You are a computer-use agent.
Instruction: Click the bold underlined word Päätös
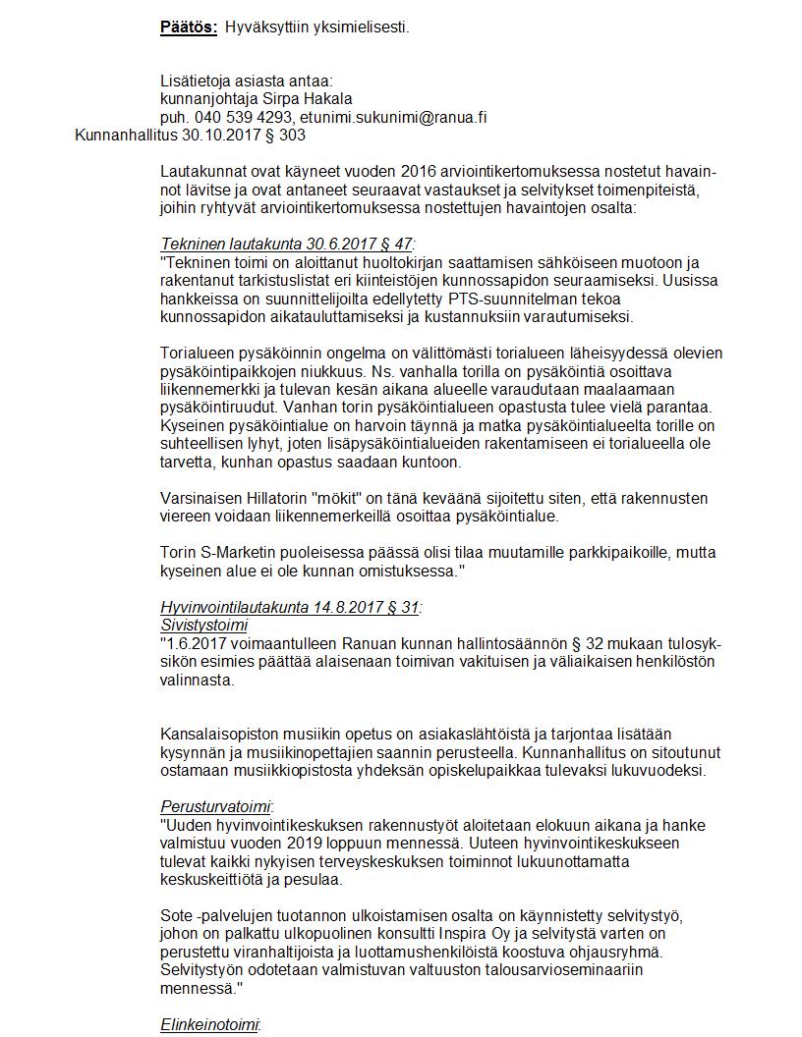point(188,27)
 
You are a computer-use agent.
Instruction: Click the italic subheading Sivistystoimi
point(204,625)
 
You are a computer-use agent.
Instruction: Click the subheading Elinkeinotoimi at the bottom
point(210,1024)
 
